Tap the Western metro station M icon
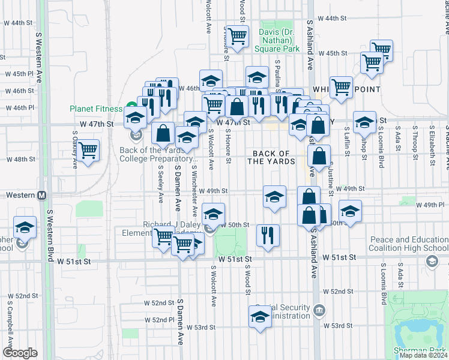tap(42, 196)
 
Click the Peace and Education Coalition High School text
tap(409, 244)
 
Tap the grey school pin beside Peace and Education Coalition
tap(431, 261)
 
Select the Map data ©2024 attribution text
tap(423, 355)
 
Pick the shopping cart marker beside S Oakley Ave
tap(88, 151)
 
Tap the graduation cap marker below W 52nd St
tap(260, 317)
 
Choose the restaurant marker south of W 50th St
tap(267, 235)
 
